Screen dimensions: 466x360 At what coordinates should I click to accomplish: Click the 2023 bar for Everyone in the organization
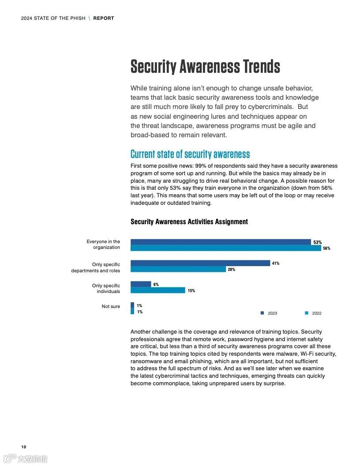(x=221, y=242)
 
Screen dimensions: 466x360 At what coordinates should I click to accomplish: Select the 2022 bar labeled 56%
(x=225, y=248)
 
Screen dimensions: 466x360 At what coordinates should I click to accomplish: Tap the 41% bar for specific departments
(x=200, y=263)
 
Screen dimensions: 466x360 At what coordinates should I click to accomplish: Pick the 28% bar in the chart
(x=178, y=269)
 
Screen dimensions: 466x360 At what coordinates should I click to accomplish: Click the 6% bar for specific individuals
(x=141, y=284)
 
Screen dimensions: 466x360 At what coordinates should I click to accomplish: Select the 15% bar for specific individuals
(x=157, y=290)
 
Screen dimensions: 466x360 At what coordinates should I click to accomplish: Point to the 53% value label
(x=318, y=242)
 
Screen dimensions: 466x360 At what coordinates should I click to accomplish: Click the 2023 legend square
(x=262, y=313)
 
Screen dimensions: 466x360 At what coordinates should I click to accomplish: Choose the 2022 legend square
(x=307, y=313)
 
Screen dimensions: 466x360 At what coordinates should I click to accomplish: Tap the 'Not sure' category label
(x=111, y=306)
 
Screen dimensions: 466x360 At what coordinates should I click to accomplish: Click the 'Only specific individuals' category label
(x=106, y=289)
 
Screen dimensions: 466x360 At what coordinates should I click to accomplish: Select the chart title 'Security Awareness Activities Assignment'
(x=189, y=222)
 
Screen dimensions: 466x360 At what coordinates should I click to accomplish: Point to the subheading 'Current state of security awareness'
(x=190, y=154)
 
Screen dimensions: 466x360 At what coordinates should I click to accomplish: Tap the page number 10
(x=23, y=447)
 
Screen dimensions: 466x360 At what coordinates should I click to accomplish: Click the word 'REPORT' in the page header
(x=104, y=18)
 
